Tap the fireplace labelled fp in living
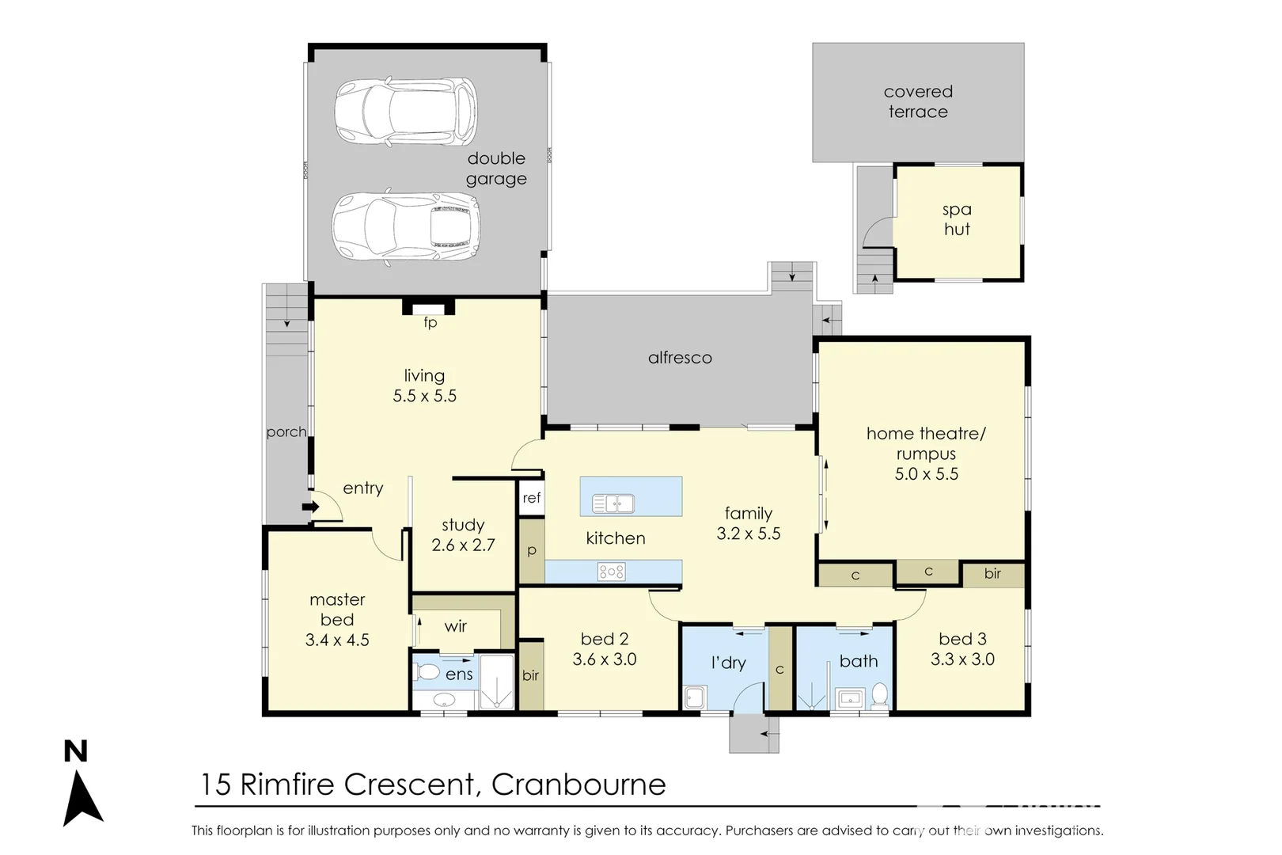[x=429, y=309]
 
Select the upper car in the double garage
[x=406, y=112]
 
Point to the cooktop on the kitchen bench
[x=612, y=572]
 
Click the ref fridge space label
[x=532, y=498]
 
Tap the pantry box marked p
[x=532, y=551]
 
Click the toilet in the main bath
[x=880, y=695]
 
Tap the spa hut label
[x=957, y=219]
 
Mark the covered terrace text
[x=918, y=101]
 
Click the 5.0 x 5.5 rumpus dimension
[x=926, y=474]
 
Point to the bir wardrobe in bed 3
[x=992, y=574]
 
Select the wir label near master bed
[x=455, y=626]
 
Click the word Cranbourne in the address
[x=578, y=785]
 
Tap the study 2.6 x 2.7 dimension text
[x=463, y=545]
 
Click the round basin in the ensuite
[x=445, y=700]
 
